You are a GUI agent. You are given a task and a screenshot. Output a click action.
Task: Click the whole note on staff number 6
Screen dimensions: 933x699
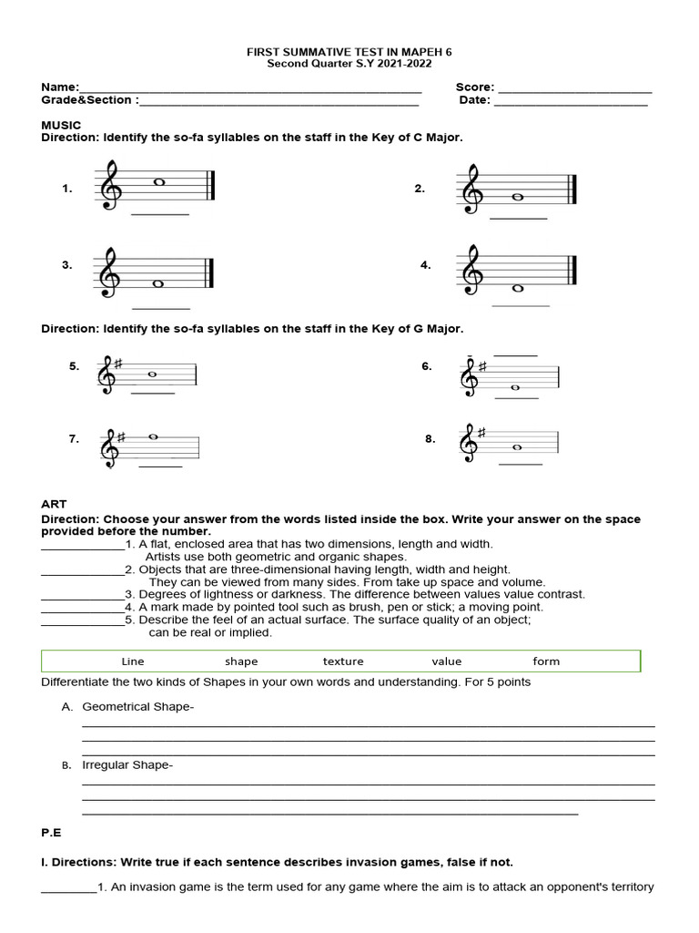click(x=514, y=387)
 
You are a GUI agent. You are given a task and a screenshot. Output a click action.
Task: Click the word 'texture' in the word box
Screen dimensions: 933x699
click(x=342, y=661)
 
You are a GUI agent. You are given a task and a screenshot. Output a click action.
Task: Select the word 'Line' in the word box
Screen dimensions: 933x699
click(x=133, y=661)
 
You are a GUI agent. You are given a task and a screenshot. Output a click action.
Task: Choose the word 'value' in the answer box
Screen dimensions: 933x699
click(x=446, y=661)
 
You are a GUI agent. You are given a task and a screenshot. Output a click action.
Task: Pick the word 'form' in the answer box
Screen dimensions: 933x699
click(x=546, y=661)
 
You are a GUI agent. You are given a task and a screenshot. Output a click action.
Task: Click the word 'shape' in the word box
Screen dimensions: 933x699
click(x=241, y=661)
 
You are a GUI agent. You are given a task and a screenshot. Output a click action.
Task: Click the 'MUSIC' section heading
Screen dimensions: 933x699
click(x=61, y=125)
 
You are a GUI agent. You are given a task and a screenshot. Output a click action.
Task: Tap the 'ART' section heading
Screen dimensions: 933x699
click(x=54, y=504)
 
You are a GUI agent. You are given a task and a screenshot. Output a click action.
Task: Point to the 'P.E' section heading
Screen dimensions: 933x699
click(x=52, y=832)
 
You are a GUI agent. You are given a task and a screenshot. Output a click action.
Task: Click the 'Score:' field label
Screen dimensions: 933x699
click(x=474, y=87)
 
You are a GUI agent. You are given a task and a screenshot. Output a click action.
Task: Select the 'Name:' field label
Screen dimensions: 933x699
click(x=60, y=87)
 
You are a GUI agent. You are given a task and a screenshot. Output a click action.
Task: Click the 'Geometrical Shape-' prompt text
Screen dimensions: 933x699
click(x=137, y=706)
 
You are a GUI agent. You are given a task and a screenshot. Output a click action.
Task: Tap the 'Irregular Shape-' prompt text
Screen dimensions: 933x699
click(x=127, y=764)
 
